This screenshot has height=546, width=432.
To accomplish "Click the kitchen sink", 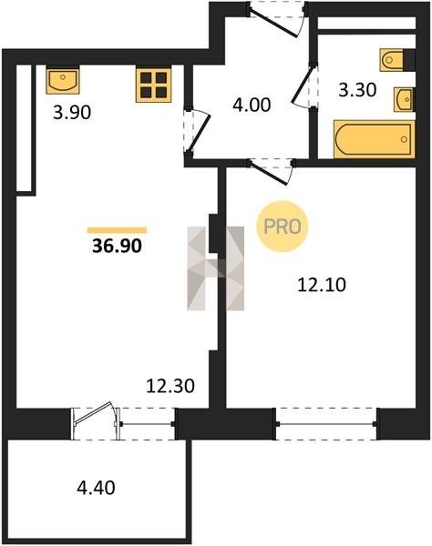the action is pos(63,81).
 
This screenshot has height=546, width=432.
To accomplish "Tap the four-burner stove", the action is pos(154,86).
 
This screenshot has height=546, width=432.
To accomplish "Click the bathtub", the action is pos(375,139).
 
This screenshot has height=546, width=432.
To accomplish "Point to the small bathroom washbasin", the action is pos(405,99).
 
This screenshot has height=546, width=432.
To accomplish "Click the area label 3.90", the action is pos(72,113).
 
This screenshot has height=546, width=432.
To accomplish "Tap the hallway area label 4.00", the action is pos(252,105).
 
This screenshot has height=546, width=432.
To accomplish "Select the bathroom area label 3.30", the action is pos(358,90).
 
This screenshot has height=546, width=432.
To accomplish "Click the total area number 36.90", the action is pos(118,247).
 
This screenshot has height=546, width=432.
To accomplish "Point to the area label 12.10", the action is pos(322,285).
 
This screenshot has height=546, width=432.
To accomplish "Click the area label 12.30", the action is pos(170,386).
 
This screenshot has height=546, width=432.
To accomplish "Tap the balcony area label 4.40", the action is pos(96,488).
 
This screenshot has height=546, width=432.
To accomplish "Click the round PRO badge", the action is pos(283,227).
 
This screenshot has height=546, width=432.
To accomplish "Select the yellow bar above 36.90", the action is pos(118,230).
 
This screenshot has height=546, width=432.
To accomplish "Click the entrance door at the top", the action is pos(277,18).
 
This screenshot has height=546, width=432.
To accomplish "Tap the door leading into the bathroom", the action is pos(304,86).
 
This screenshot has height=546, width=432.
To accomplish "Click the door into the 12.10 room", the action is pos(272,171).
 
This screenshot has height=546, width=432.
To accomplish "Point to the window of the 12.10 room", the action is pos(326,424).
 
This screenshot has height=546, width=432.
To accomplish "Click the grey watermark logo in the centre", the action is pos(215,268).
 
